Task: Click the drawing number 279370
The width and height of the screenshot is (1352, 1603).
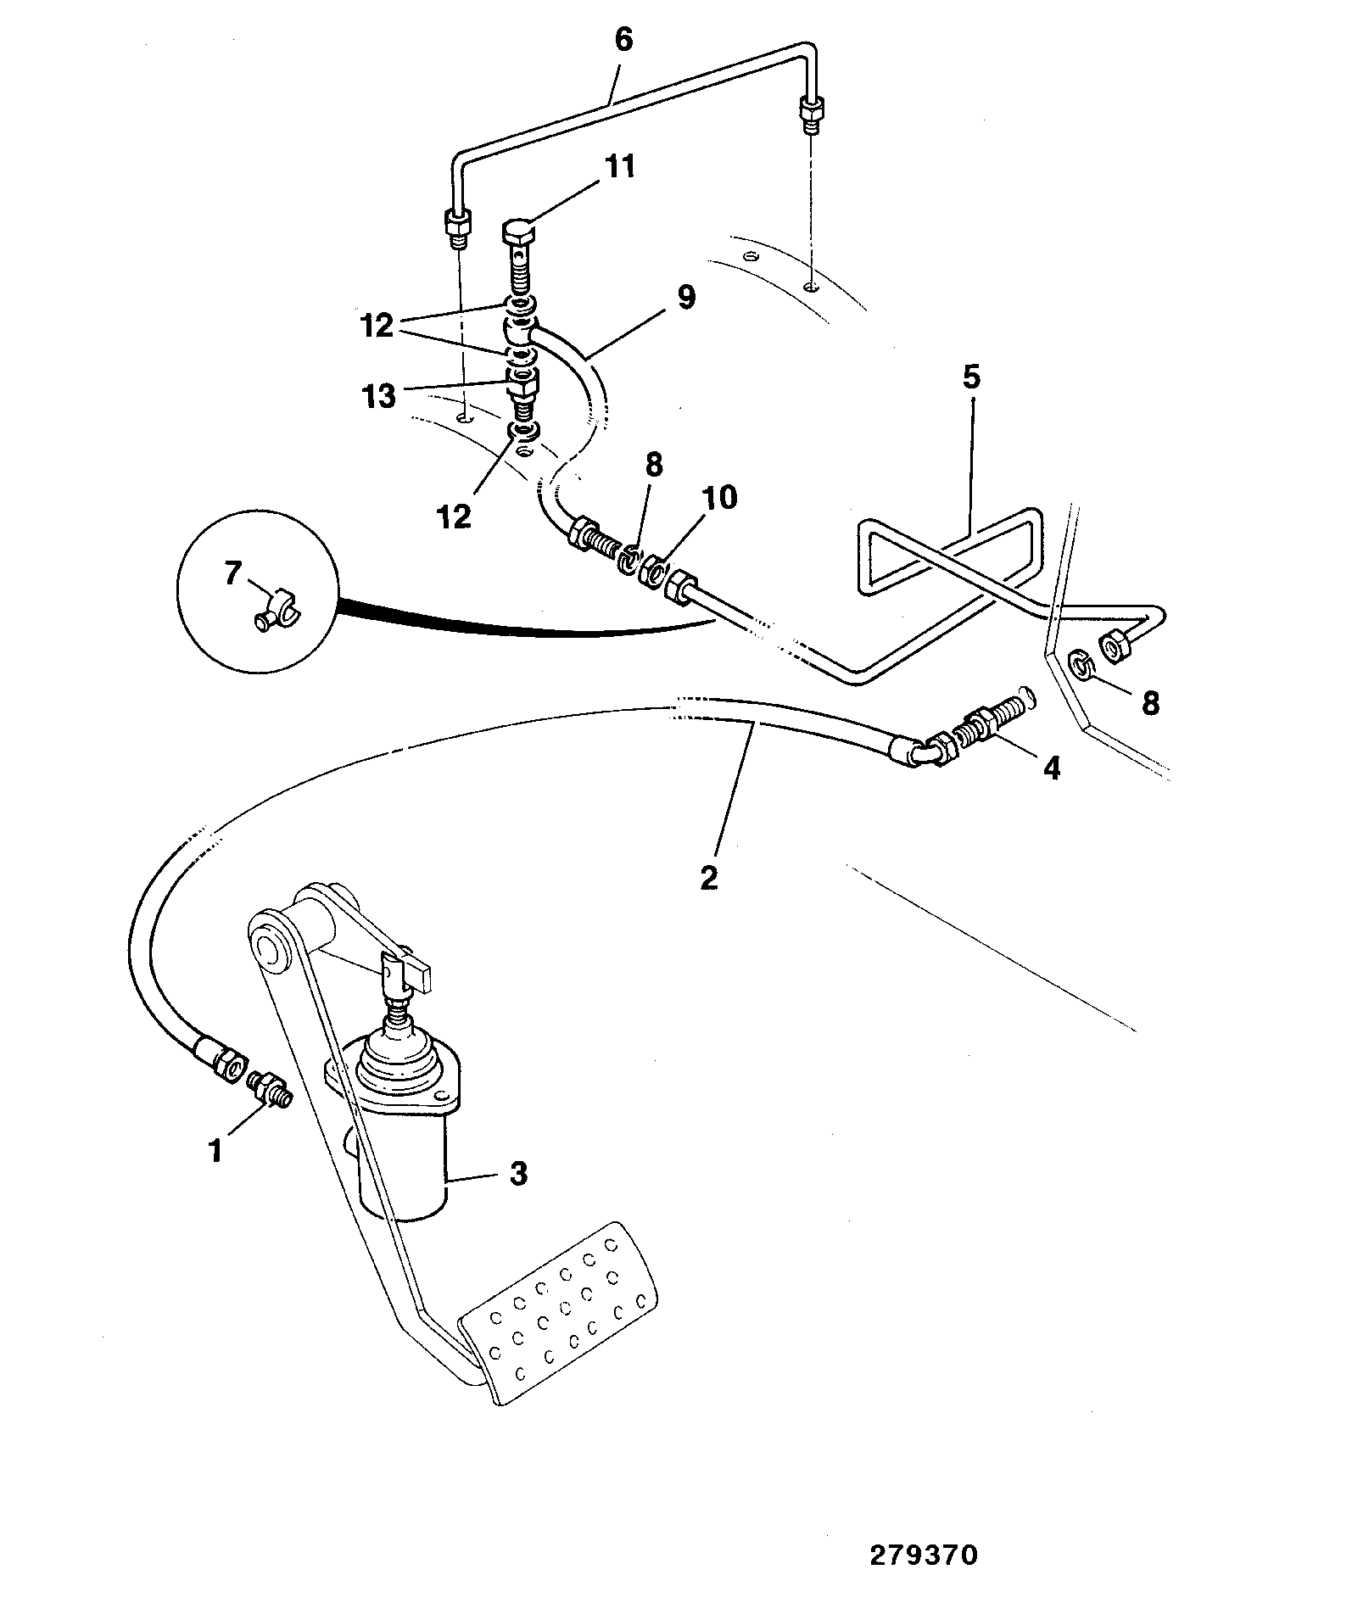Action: point(924,1556)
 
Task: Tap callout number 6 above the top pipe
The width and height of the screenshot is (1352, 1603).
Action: point(623,40)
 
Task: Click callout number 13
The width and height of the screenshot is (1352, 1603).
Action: point(378,396)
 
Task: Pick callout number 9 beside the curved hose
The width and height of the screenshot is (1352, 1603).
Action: point(686,297)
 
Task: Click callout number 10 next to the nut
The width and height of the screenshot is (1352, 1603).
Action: point(720,498)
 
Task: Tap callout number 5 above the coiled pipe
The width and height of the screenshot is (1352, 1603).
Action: point(971,377)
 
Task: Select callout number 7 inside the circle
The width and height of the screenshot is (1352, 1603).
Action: point(232,574)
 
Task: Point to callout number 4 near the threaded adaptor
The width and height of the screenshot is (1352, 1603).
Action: point(1051,768)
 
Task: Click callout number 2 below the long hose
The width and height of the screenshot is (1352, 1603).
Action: point(709,877)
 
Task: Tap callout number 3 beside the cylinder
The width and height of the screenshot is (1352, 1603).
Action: point(518,1174)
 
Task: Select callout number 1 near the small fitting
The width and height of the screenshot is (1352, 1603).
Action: point(215,1151)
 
